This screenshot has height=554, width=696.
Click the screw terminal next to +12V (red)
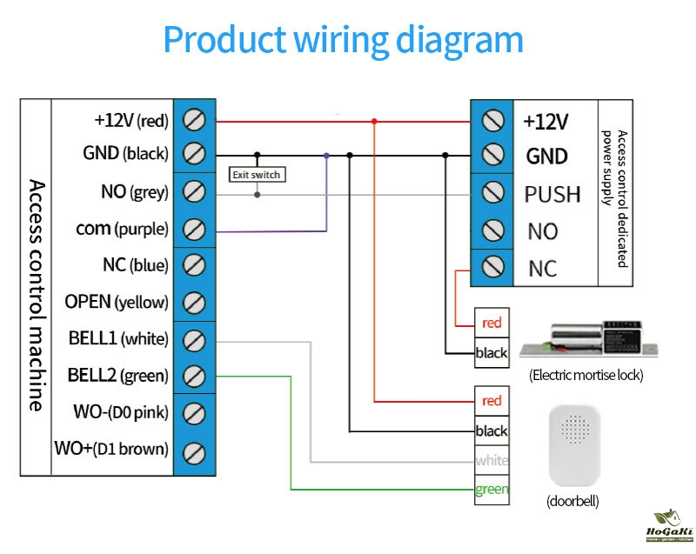click(x=195, y=119)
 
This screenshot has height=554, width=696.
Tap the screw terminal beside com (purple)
click(x=195, y=230)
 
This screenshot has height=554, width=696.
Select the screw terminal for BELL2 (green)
click(x=195, y=377)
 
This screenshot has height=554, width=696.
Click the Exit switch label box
click(x=256, y=175)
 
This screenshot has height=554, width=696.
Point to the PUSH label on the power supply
click(x=552, y=194)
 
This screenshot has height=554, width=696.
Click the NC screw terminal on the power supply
click(x=493, y=268)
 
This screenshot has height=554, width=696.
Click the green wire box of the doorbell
click(x=492, y=490)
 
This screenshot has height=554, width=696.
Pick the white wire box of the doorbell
click(x=492, y=460)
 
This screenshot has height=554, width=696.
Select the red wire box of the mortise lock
click(x=492, y=324)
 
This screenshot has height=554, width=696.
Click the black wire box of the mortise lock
click(x=492, y=353)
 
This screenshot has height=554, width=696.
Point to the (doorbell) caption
click(x=572, y=502)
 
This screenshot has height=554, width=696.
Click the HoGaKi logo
click(x=667, y=527)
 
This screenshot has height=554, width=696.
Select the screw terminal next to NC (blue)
click(x=195, y=266)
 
